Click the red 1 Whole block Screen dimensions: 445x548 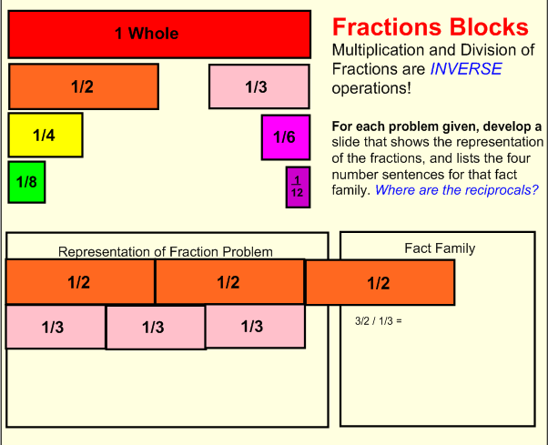[159, 34]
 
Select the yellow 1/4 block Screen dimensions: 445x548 [45, 135]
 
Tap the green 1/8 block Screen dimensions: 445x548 [26, 182]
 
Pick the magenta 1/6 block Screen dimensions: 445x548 [284, 137]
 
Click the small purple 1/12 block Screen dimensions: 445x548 [297, 187]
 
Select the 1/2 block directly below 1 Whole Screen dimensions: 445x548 [83, 86]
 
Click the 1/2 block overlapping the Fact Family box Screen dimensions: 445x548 [379, 283]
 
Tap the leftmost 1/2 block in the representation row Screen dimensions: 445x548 [80, 282]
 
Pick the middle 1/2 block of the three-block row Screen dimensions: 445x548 [228, 282]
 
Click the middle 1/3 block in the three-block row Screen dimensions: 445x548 [155, 328]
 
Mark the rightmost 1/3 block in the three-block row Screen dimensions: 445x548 [255, 326]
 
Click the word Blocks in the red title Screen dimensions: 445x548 [482, 26]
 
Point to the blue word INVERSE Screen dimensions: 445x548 [466, 68]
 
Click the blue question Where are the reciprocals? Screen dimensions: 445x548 [456, 189]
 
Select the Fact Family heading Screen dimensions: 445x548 [439, 248]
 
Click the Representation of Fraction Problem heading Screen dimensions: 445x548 [166, 251]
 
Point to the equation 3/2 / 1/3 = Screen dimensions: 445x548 [378, 320]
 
